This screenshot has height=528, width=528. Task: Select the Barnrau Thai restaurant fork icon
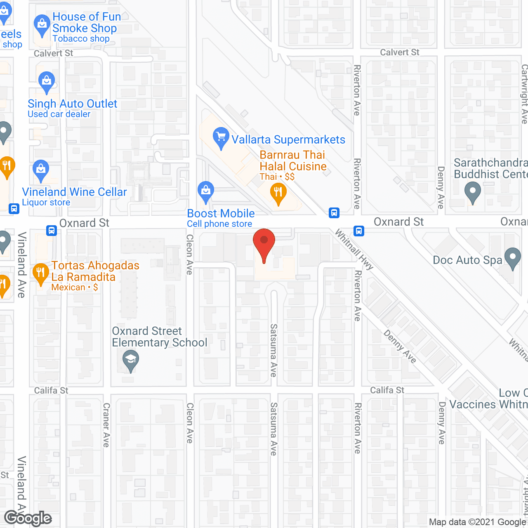(x=278, y=193)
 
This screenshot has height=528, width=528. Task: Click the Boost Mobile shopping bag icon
(x=205, y=191)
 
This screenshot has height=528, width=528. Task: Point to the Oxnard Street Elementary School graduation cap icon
(x=131, y=360)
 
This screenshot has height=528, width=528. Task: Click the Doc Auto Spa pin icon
(x=513, y=259)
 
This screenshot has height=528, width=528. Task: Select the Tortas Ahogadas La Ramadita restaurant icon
(x=40, y=273)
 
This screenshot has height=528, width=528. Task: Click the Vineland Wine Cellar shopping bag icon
(x=41, y=170)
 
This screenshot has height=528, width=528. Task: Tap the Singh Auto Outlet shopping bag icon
(x=47, y=82)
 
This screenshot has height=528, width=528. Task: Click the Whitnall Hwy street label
(x=354, y=250)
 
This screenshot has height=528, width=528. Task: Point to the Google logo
(x=28, y=518)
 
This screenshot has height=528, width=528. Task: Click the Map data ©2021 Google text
(x=477, y=522)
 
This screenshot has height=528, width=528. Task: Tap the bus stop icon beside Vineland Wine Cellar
(x=14, y=209)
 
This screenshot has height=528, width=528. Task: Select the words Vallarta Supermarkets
(x=288, y=140)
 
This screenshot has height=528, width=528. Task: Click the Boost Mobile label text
(x=221, y=214)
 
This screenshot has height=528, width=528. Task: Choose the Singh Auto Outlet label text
(x=73, y=104)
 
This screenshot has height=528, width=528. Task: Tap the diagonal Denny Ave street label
(x=400, y=346)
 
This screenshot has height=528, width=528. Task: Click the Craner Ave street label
(x=106, y=425)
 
